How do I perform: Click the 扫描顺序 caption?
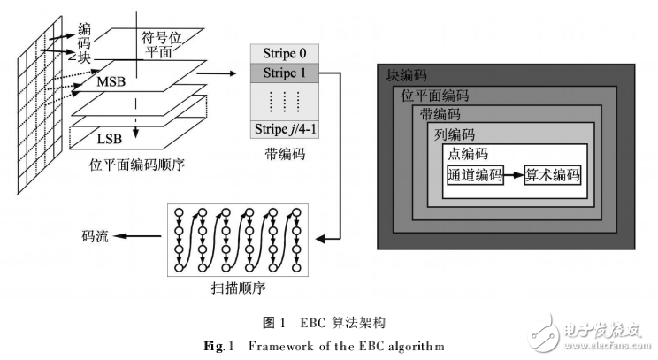click(240, 289)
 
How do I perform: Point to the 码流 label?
click(96, 236)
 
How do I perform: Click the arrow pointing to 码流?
click(137, 236)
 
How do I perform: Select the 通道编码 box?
click(475, 175)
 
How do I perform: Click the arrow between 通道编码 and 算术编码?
click(514, 175)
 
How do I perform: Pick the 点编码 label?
click(466, 154)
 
